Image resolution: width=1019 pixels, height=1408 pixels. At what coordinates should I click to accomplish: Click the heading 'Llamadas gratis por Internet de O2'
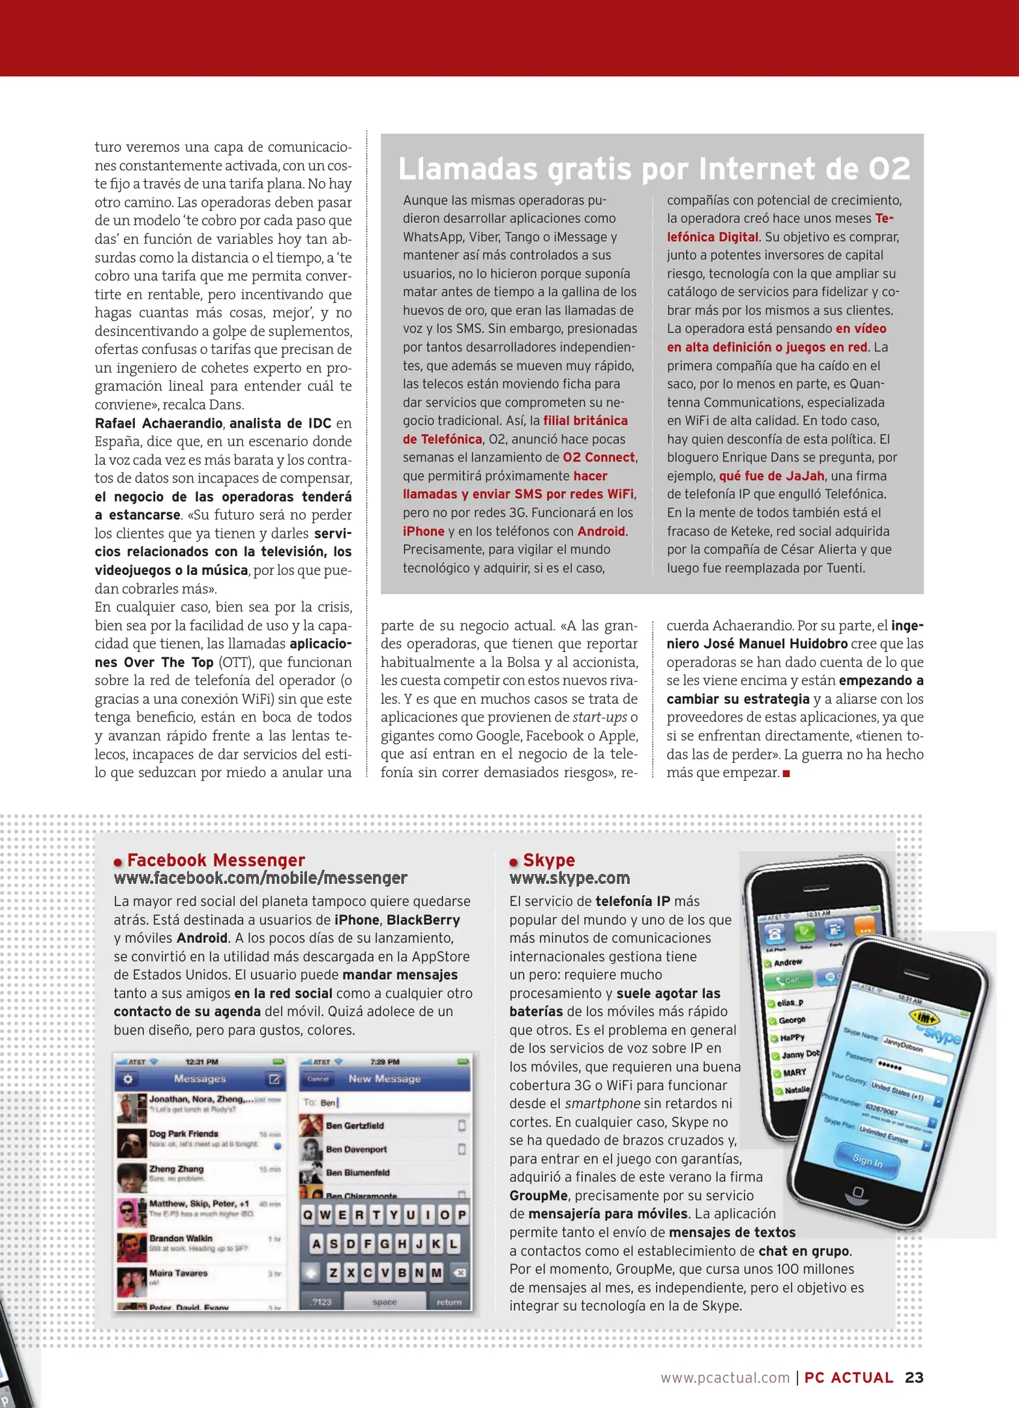pos(653,169)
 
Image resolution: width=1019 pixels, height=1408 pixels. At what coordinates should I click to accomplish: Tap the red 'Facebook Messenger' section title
pos(216,860)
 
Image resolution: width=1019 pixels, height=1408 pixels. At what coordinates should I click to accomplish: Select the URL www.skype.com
pos(569,878)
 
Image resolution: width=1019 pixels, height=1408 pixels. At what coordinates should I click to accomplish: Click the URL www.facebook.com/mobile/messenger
pos(260,878)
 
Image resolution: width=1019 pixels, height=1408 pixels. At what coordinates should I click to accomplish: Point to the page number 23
pos(914,1377)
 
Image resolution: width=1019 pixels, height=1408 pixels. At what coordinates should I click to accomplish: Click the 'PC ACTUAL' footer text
pos(848,1377)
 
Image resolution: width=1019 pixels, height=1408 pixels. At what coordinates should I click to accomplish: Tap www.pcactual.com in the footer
pos(725,1377)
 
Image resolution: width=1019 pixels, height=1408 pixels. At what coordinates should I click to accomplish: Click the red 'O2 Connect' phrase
pos(598,458)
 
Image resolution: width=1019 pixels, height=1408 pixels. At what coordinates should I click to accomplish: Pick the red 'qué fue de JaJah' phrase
pos(771,476)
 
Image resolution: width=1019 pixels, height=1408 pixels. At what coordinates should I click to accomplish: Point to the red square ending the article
pos(786,774)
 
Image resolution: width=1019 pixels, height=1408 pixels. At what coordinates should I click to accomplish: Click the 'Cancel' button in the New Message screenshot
pos(318,1079)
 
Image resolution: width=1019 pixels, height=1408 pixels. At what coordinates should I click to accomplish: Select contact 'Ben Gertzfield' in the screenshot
pos(355,1126)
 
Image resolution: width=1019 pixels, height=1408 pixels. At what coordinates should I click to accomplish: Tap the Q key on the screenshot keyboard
pos(308,1214)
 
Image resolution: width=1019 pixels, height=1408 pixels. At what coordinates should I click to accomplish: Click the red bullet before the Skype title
pos(514,862)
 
